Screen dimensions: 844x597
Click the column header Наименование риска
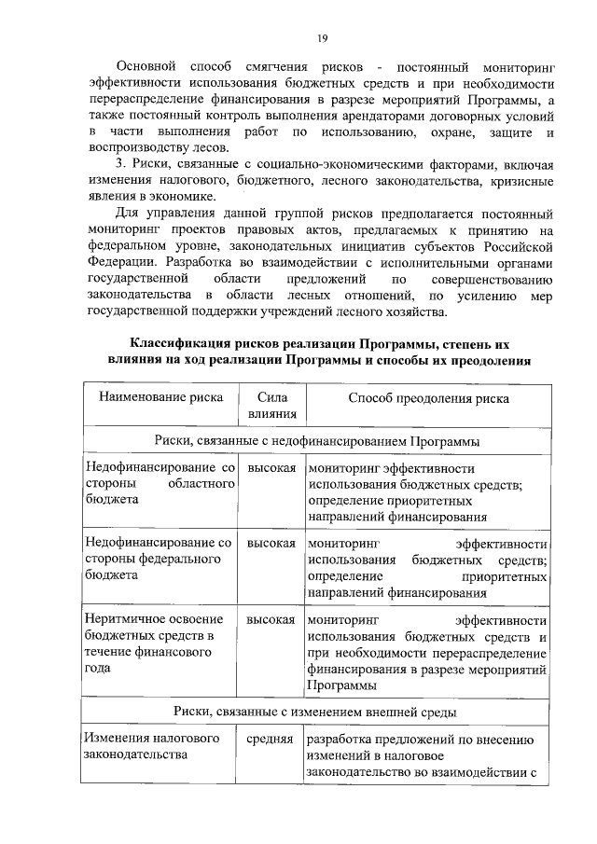tap(160, 398)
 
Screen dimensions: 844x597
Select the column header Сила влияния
tap(271, 406)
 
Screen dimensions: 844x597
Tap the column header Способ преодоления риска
tap(428, 398)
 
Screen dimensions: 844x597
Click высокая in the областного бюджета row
tap(271, 467)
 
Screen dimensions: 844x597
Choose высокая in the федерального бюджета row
tap(271, 543)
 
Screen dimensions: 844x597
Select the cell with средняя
tap(271, 740)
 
